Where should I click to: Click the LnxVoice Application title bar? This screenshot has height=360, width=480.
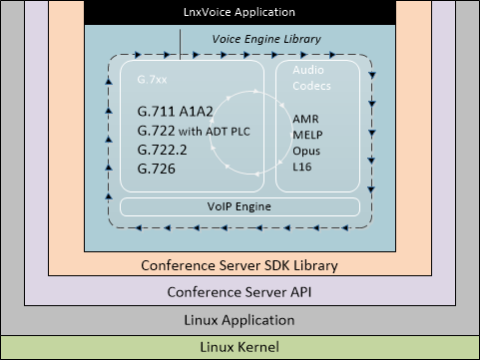pos(240,12)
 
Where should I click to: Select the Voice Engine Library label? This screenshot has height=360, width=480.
pos(265,39)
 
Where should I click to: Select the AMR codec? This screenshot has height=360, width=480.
pos(306,118)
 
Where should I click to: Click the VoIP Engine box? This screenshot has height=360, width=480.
pos(240,207)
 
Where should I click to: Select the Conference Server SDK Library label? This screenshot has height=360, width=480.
pos(240,265)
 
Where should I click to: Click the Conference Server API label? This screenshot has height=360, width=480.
pos(240,292)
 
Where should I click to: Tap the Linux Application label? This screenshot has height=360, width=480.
pos(240,320)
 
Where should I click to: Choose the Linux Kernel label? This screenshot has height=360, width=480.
pos(240,346)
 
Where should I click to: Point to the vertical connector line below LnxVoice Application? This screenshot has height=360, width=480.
pos(181,37)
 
